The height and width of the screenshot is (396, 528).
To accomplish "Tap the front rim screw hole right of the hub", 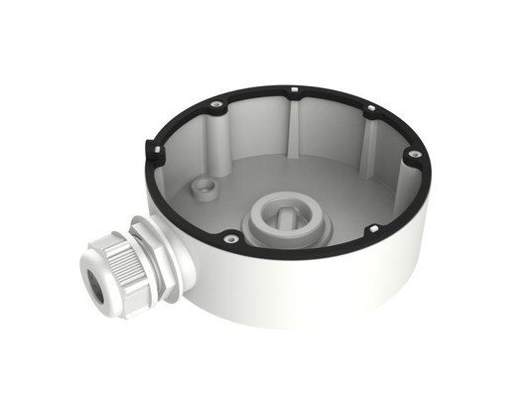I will [373, 228].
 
